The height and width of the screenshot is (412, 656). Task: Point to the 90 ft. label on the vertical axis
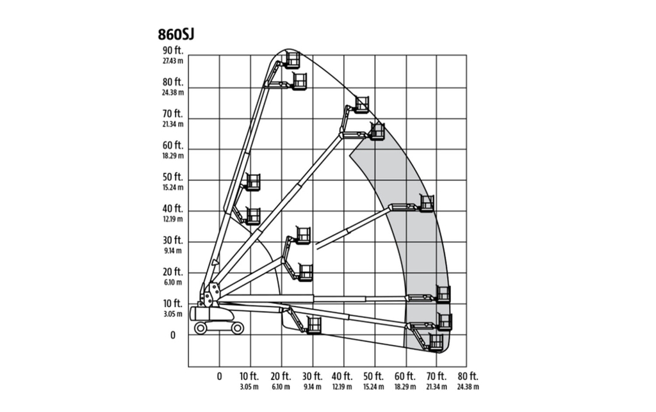coord(173,51)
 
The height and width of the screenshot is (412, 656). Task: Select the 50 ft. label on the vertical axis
coord(173,177)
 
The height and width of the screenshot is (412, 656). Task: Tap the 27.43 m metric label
coord(173,61)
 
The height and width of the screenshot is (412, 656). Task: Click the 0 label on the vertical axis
coord(172,335)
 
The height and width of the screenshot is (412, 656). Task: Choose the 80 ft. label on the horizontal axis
coord(468,376)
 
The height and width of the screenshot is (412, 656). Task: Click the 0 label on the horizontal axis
coord(220,376)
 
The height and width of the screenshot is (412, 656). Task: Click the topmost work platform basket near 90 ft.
coord(292,60)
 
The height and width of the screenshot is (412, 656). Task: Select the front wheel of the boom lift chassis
coord(238,328)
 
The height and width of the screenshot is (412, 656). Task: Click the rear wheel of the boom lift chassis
coord(201,328)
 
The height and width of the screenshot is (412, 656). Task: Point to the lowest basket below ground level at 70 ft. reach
coord(436,342)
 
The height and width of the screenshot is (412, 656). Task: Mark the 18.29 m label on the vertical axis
coord(173,155)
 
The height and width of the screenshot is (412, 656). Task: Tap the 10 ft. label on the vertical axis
coord(173,303)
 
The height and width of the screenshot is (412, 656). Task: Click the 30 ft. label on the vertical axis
coord(173,241)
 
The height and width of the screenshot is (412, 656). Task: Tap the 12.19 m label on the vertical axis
coord(173,219)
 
